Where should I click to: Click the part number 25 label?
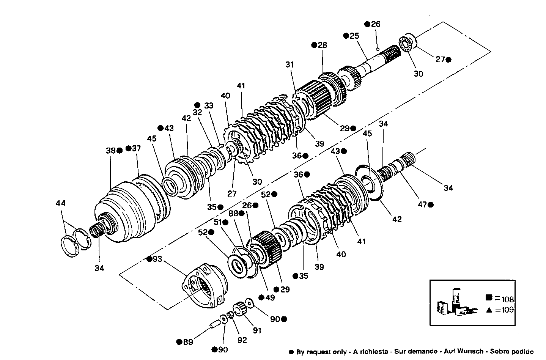[354, 36]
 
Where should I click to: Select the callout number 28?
[323, 45]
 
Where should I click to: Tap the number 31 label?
[290, 65]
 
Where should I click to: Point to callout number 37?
[136, 148]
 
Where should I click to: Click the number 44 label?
[60, 203]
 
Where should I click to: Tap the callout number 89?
[188, 342]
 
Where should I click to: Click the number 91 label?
[257, 330]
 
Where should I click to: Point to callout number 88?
[233, 214]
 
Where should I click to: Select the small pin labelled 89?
[214, 324]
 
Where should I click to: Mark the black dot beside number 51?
[226, 222]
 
